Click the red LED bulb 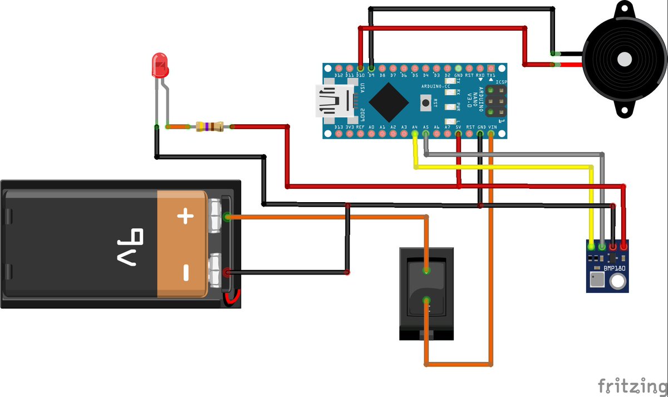click(x=160, y=65)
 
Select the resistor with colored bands click(x=210, y=127)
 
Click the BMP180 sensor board click(x=607, y=266)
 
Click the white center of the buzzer click(x=624, y=58)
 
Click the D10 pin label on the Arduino click(x=360, y=75)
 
